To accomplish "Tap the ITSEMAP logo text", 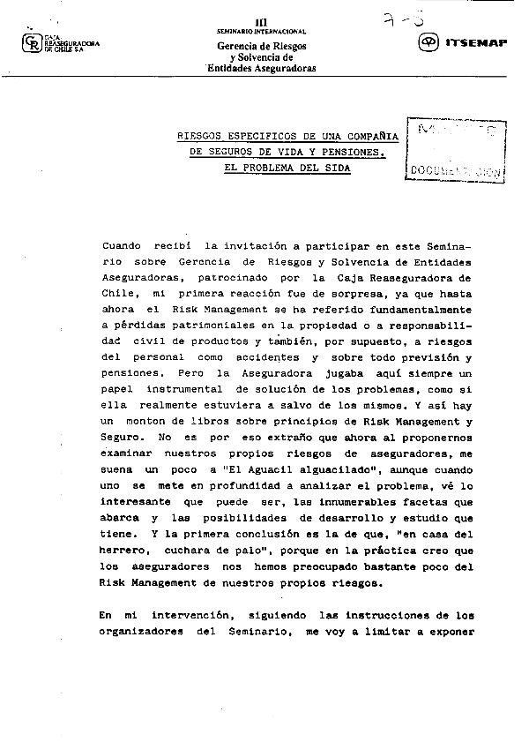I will click(476, 41).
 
